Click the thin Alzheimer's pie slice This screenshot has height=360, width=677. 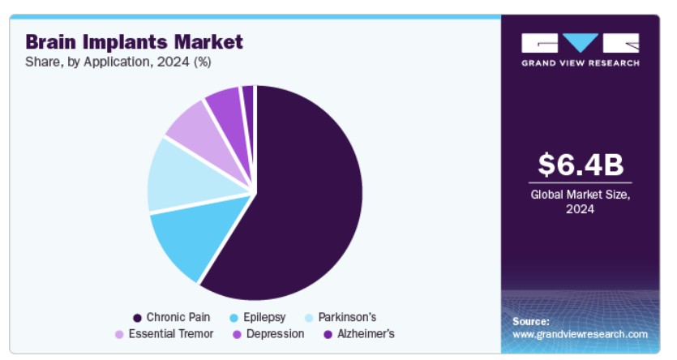pyautogui.click(x=248, y=112)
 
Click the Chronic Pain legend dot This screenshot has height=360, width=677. pyautogui.click(x=137, y=318)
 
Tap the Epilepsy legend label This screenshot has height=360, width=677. pyautogui.click(x=264, y=317)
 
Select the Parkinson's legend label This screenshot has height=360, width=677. pyautogui.click(x=347, y=317)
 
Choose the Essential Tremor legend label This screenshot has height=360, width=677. pyautogui.click(x=171, y=334)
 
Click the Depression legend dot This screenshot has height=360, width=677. pyautogui.click(x=237, y=335)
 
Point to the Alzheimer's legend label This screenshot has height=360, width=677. pyautogui.click(x=366, y=334)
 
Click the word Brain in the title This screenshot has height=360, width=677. pyautogui.click(x=50, y=42)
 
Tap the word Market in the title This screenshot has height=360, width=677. pyautogui.click(x=208, y=42)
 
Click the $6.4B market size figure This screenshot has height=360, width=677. pyautogui.click(x=581, y=165)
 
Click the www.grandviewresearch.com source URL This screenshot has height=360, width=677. pyautogui.click(x=580, y=335)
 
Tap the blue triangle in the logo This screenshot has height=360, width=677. pyautogui.click(x=581, y=42)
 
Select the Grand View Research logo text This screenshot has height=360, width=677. pyautogui.click(x=581, y=63)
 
